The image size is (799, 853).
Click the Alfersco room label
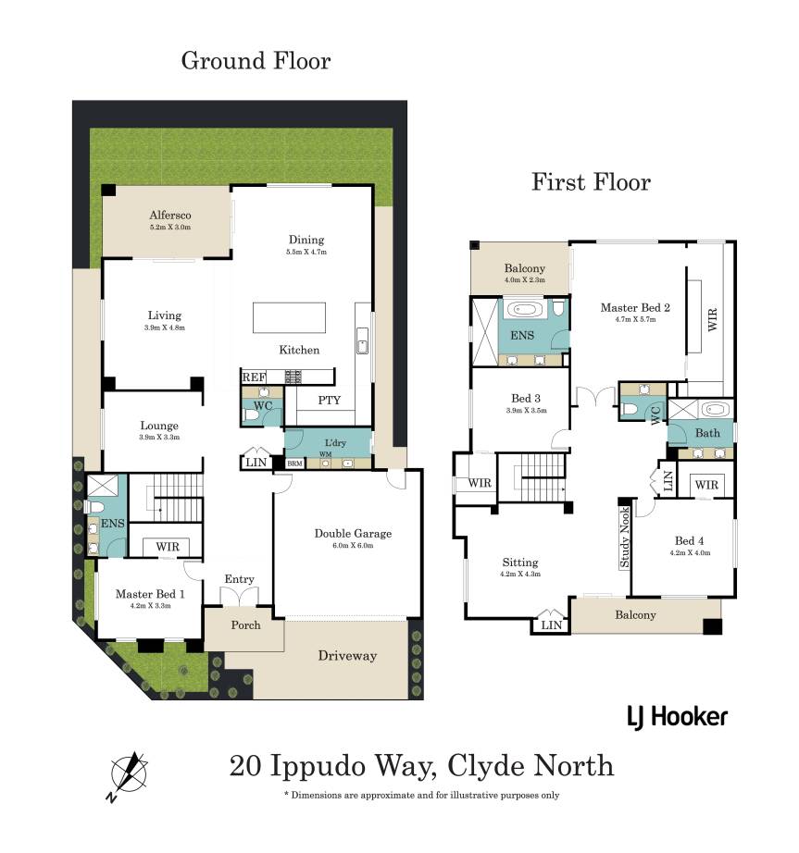pyautogui.click(x=169, y=215)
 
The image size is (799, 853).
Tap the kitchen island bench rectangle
pyautogui.click(x=289, y=317)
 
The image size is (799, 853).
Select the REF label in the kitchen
pyautogui.click(x=255, y=377)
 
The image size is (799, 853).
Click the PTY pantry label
pyautogui.click(x=329, y=401)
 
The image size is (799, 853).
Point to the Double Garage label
pyautogui.click(x=353, y=533)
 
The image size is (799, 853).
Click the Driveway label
pyautogui.click(x=347, y=656)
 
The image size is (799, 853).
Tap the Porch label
pyautogui.click(x=245, y=625)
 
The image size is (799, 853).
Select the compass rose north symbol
pyautogui.click(x=129, y=773)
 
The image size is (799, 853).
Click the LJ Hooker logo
pyautogui.click(x=677, y=717)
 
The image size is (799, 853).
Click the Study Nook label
pyautogui.click(x=624, y=537)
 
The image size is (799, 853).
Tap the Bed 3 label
pyautogui.click(x=526, y=398)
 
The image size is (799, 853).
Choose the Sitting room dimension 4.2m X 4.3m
pyautogui.click(x=520, y=574)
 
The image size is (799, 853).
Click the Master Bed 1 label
pyautogui.click(x=150, y=594)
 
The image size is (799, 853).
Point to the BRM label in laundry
pyautogui.click(x=294, y=464)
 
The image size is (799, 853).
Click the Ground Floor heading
pyautogui.click(x=256, y=60)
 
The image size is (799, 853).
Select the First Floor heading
pyautogui.click(x=591, y=182)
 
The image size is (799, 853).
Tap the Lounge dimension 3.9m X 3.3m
pyautogui.click(x=159, y=437)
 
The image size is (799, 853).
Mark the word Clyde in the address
pyautogui.click(x=484, y=766)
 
